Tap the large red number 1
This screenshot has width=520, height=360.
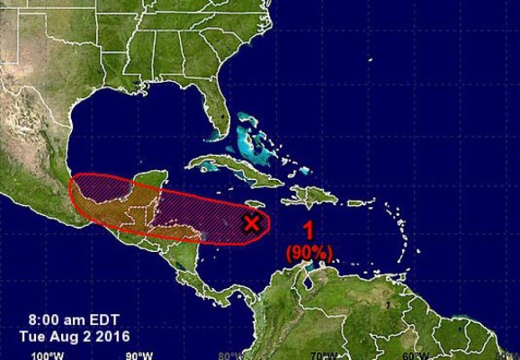click(309, 230)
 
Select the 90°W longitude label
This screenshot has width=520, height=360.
click(139, 355)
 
